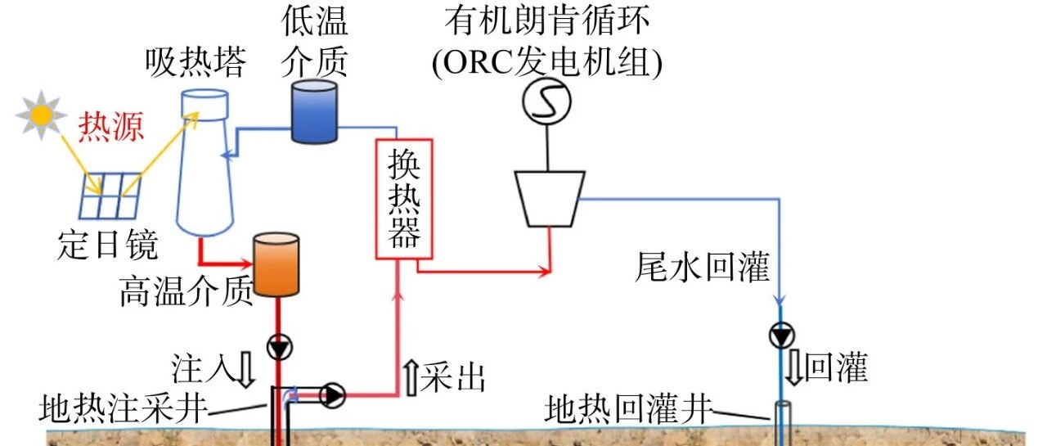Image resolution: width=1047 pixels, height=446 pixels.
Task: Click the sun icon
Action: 41,115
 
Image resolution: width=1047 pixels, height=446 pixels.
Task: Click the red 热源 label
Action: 110,127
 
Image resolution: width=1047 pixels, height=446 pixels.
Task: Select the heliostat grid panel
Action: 110,196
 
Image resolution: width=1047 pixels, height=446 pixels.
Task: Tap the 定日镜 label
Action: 107,245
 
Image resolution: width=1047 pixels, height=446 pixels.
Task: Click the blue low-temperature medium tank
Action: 314,111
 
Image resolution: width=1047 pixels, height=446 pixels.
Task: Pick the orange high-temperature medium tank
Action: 276,264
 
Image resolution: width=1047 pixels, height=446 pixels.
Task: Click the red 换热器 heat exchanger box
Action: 404,199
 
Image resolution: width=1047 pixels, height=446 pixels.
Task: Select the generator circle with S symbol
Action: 546,101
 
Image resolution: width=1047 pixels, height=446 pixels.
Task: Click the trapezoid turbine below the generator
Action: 549,199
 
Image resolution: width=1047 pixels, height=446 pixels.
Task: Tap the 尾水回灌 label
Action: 702,267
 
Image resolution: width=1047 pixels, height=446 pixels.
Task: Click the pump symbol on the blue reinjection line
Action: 781,336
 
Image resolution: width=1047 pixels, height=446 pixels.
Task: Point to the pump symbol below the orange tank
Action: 280,347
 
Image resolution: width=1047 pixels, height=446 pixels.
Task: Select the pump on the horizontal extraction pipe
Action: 332,395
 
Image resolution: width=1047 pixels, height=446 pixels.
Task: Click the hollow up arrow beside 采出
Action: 411,378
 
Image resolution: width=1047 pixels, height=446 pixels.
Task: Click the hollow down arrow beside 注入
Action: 246,370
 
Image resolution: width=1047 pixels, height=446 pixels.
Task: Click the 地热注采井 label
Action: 123,408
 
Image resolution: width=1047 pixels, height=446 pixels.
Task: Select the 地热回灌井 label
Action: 628,409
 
